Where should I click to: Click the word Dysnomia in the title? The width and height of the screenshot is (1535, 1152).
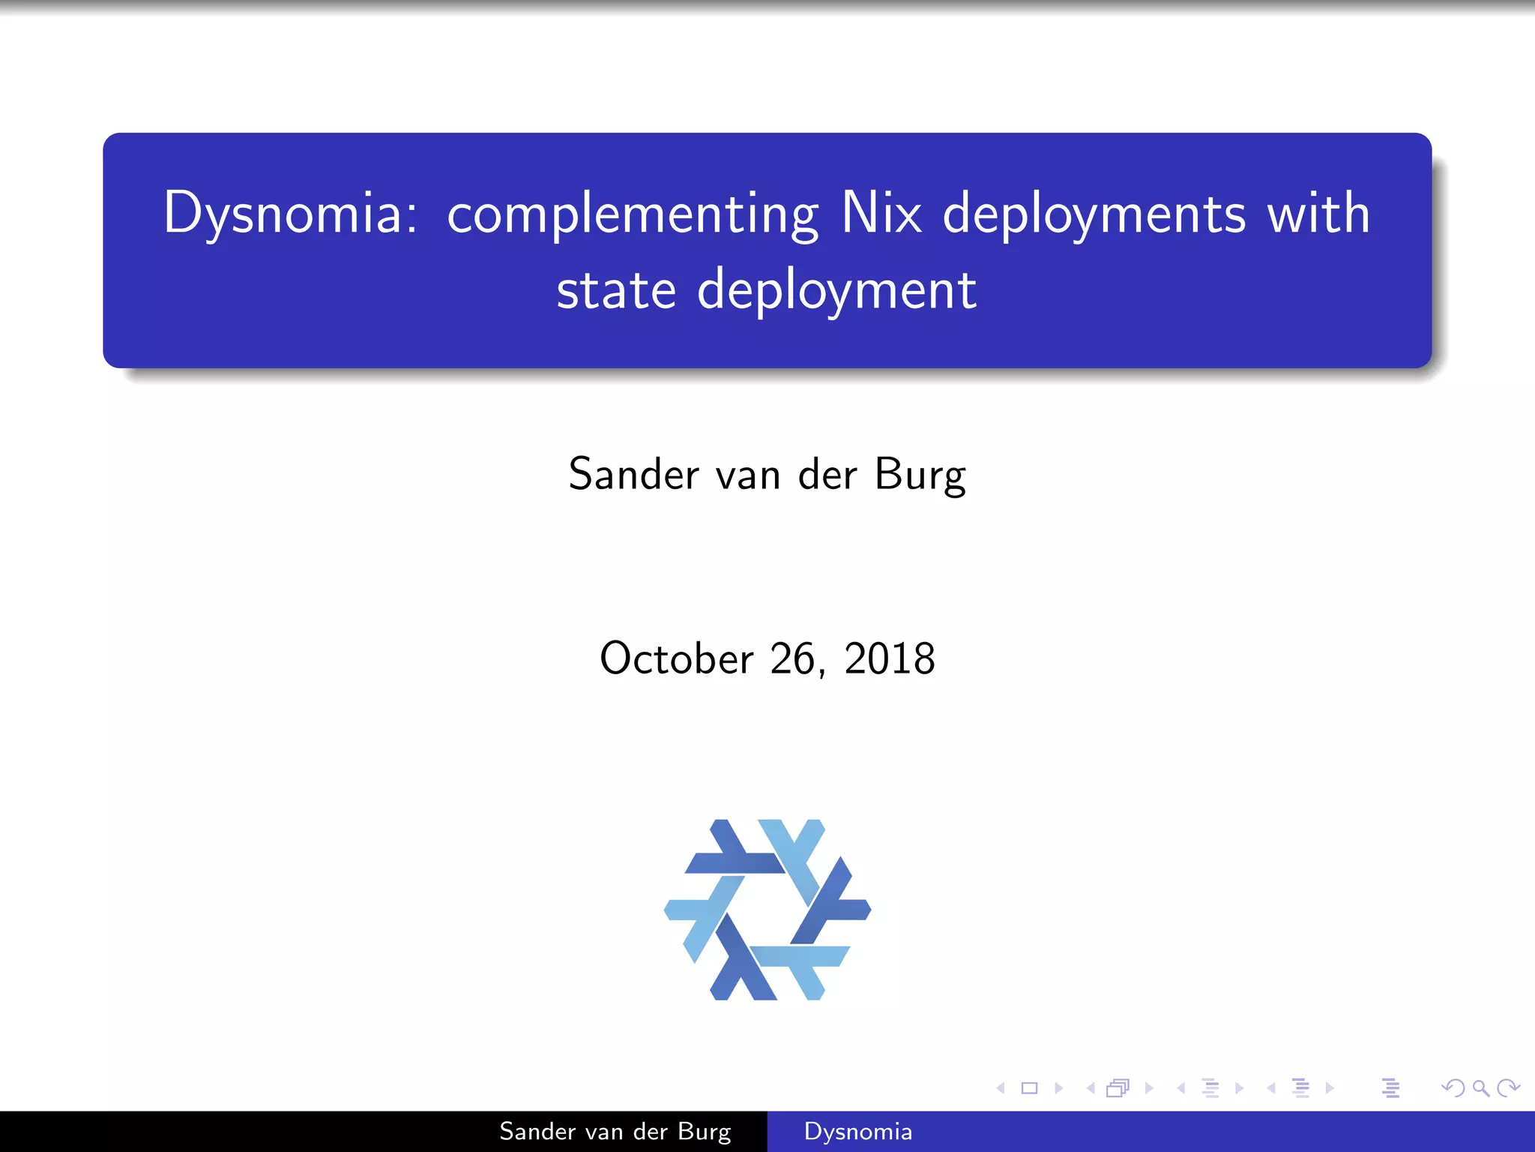(289, 213)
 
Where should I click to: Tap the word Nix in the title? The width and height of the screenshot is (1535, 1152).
(881, 213)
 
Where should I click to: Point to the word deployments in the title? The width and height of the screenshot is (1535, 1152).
(1094, 214)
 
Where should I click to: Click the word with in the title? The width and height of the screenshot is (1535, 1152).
(1318, 213)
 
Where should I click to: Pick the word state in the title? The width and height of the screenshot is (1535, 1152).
(616, 290)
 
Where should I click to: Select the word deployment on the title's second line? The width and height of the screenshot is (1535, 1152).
(836, 292)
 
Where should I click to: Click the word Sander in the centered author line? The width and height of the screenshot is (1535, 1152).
(633, 474)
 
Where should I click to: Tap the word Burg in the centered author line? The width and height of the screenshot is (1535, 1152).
(920, 475)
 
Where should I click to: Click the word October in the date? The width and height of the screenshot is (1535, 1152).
(676, 658)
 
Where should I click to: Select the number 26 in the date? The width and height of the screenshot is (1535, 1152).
(792, 658)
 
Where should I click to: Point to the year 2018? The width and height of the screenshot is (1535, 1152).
(890, 658)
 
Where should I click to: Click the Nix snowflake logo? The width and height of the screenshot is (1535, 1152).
(767, 909)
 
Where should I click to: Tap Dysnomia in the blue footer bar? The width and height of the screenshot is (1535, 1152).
(857, 1132)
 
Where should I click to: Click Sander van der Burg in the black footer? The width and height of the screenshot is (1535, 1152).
(615, 1132)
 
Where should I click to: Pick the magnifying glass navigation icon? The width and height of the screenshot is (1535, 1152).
(1480, 1088)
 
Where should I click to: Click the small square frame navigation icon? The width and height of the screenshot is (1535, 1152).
(1030, 1088)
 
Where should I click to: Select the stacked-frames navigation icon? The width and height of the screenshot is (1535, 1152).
(1118, 1088)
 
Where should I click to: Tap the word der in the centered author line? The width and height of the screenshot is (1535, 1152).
(827, 474)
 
